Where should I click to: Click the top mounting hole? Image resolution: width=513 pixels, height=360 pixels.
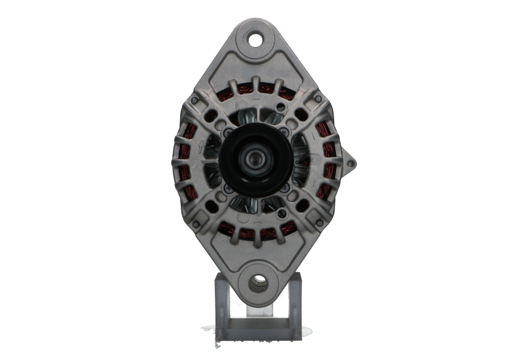pyautogui.click(x=257, y=38)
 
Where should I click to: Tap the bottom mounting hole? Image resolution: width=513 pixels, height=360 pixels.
pyautogui.click(x=258, y=280)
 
